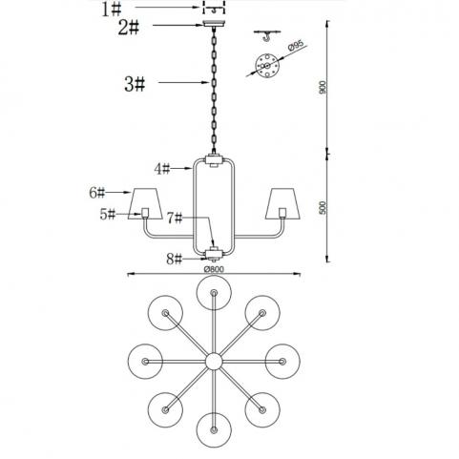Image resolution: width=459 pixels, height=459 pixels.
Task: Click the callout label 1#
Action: point(112,10)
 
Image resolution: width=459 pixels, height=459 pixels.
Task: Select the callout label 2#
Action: point(129,28)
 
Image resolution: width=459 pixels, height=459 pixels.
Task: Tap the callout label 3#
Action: point(135,84)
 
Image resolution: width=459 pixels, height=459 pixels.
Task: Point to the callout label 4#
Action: point(162,169)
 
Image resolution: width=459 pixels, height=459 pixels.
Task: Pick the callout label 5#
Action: point(108,214)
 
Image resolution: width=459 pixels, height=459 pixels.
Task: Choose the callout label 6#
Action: point(97,193)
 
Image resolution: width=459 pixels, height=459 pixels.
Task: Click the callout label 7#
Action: point(175,219)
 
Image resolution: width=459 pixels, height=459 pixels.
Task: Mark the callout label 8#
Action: point(175,259)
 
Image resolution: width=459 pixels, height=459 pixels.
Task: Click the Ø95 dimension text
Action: point(296,46)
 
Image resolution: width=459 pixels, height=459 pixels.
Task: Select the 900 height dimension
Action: point(323,87)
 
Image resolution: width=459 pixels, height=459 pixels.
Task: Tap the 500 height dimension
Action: point(323,208)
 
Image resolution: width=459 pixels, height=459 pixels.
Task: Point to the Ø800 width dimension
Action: point(214,269)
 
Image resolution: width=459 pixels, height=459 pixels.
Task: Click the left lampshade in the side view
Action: point(145,203)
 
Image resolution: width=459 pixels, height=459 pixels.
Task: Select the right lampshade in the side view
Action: point(282,203)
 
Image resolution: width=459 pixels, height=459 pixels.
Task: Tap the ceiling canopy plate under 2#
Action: point(214,24)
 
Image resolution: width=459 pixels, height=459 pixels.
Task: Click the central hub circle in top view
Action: point(214,362)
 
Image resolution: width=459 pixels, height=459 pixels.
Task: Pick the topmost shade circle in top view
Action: point(214,293)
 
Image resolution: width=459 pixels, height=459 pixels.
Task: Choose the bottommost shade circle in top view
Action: point(214,430)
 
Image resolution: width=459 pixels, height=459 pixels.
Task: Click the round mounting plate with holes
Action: point(267,66)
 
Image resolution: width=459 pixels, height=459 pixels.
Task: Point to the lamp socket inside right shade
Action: point(282,212)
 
